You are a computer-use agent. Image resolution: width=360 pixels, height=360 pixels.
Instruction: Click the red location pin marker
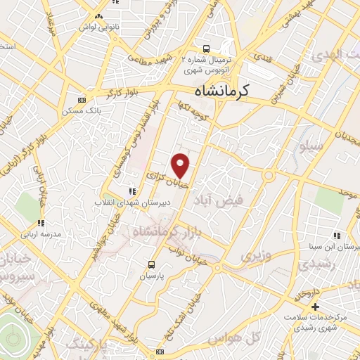(x=181, y=165)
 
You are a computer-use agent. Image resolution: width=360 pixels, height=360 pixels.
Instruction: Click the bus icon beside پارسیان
(x=151, y=265)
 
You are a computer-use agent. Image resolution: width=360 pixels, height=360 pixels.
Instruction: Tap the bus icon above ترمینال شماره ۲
(x=206, y=49)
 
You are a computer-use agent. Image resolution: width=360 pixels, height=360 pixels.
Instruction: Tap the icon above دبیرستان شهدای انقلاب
(x=130, y=191)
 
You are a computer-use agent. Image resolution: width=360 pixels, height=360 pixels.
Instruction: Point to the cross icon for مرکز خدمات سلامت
(x=316, y=306)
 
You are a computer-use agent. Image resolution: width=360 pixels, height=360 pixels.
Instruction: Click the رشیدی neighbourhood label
(x=311, y=265)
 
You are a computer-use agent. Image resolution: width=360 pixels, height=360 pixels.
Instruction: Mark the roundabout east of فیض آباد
(x=269, y=175)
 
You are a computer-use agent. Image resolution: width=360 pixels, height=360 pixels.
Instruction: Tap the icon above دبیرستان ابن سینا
(x=337, y=236)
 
